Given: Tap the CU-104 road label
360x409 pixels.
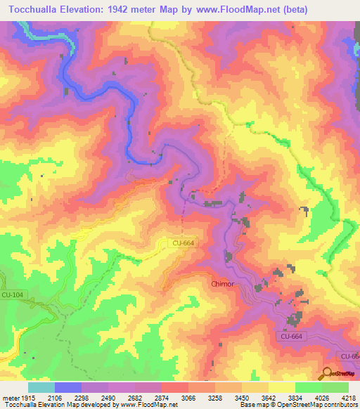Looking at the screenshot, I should (12, 297).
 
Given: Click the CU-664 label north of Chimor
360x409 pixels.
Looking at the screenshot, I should (183, 242).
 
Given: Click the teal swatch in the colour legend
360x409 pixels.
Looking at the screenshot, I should (41, 387).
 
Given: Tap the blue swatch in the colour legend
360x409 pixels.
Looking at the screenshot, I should (68, 387).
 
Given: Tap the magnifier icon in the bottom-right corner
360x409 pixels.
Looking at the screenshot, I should (328, 373).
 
